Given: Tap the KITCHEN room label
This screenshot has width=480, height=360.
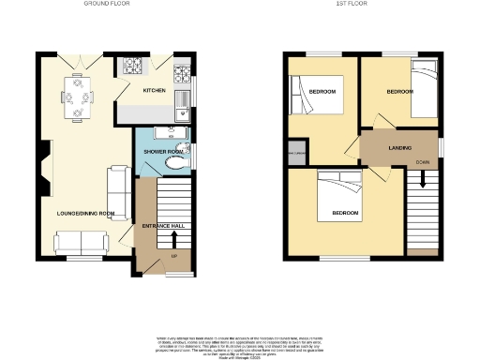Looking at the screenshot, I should [155, 91].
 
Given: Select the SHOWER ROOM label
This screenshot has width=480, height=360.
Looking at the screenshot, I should [160, 151].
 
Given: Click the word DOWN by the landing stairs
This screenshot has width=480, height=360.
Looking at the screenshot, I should [422, 163].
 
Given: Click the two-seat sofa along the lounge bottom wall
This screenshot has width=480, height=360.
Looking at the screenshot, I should [80, 244].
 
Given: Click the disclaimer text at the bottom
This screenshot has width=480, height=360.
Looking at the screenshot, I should [240, 343].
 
